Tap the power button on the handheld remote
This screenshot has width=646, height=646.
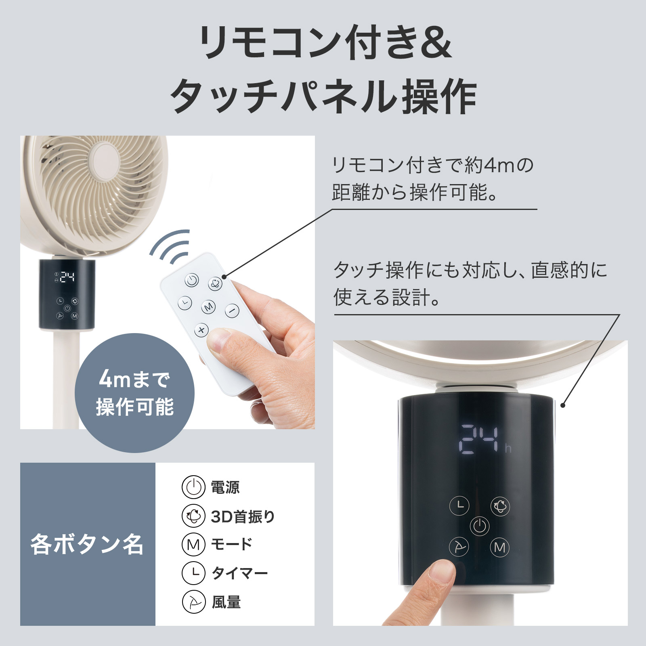(x=192, y=280)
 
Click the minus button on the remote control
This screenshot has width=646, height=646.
(x=232, y=311)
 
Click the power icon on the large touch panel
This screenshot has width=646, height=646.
(x=480, y=526)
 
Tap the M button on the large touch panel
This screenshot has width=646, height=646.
(x=500, y=547)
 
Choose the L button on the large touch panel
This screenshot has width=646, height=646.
(x=460, y=505)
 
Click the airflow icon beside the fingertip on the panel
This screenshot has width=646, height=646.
(x=459, y=547)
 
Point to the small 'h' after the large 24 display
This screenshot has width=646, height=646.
(x=508, y=449)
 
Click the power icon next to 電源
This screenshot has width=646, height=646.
(x=194, y=487)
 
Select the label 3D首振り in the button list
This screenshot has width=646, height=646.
(x=243, y=516)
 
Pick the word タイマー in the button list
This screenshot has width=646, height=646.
(x=240, y=573)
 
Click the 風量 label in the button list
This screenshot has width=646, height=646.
(x=226, y=602)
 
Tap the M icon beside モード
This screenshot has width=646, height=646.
(x=194, y=545)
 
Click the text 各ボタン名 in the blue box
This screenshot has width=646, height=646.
(x=87, y=544)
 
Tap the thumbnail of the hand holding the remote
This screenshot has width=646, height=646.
(x=168, y=282)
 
